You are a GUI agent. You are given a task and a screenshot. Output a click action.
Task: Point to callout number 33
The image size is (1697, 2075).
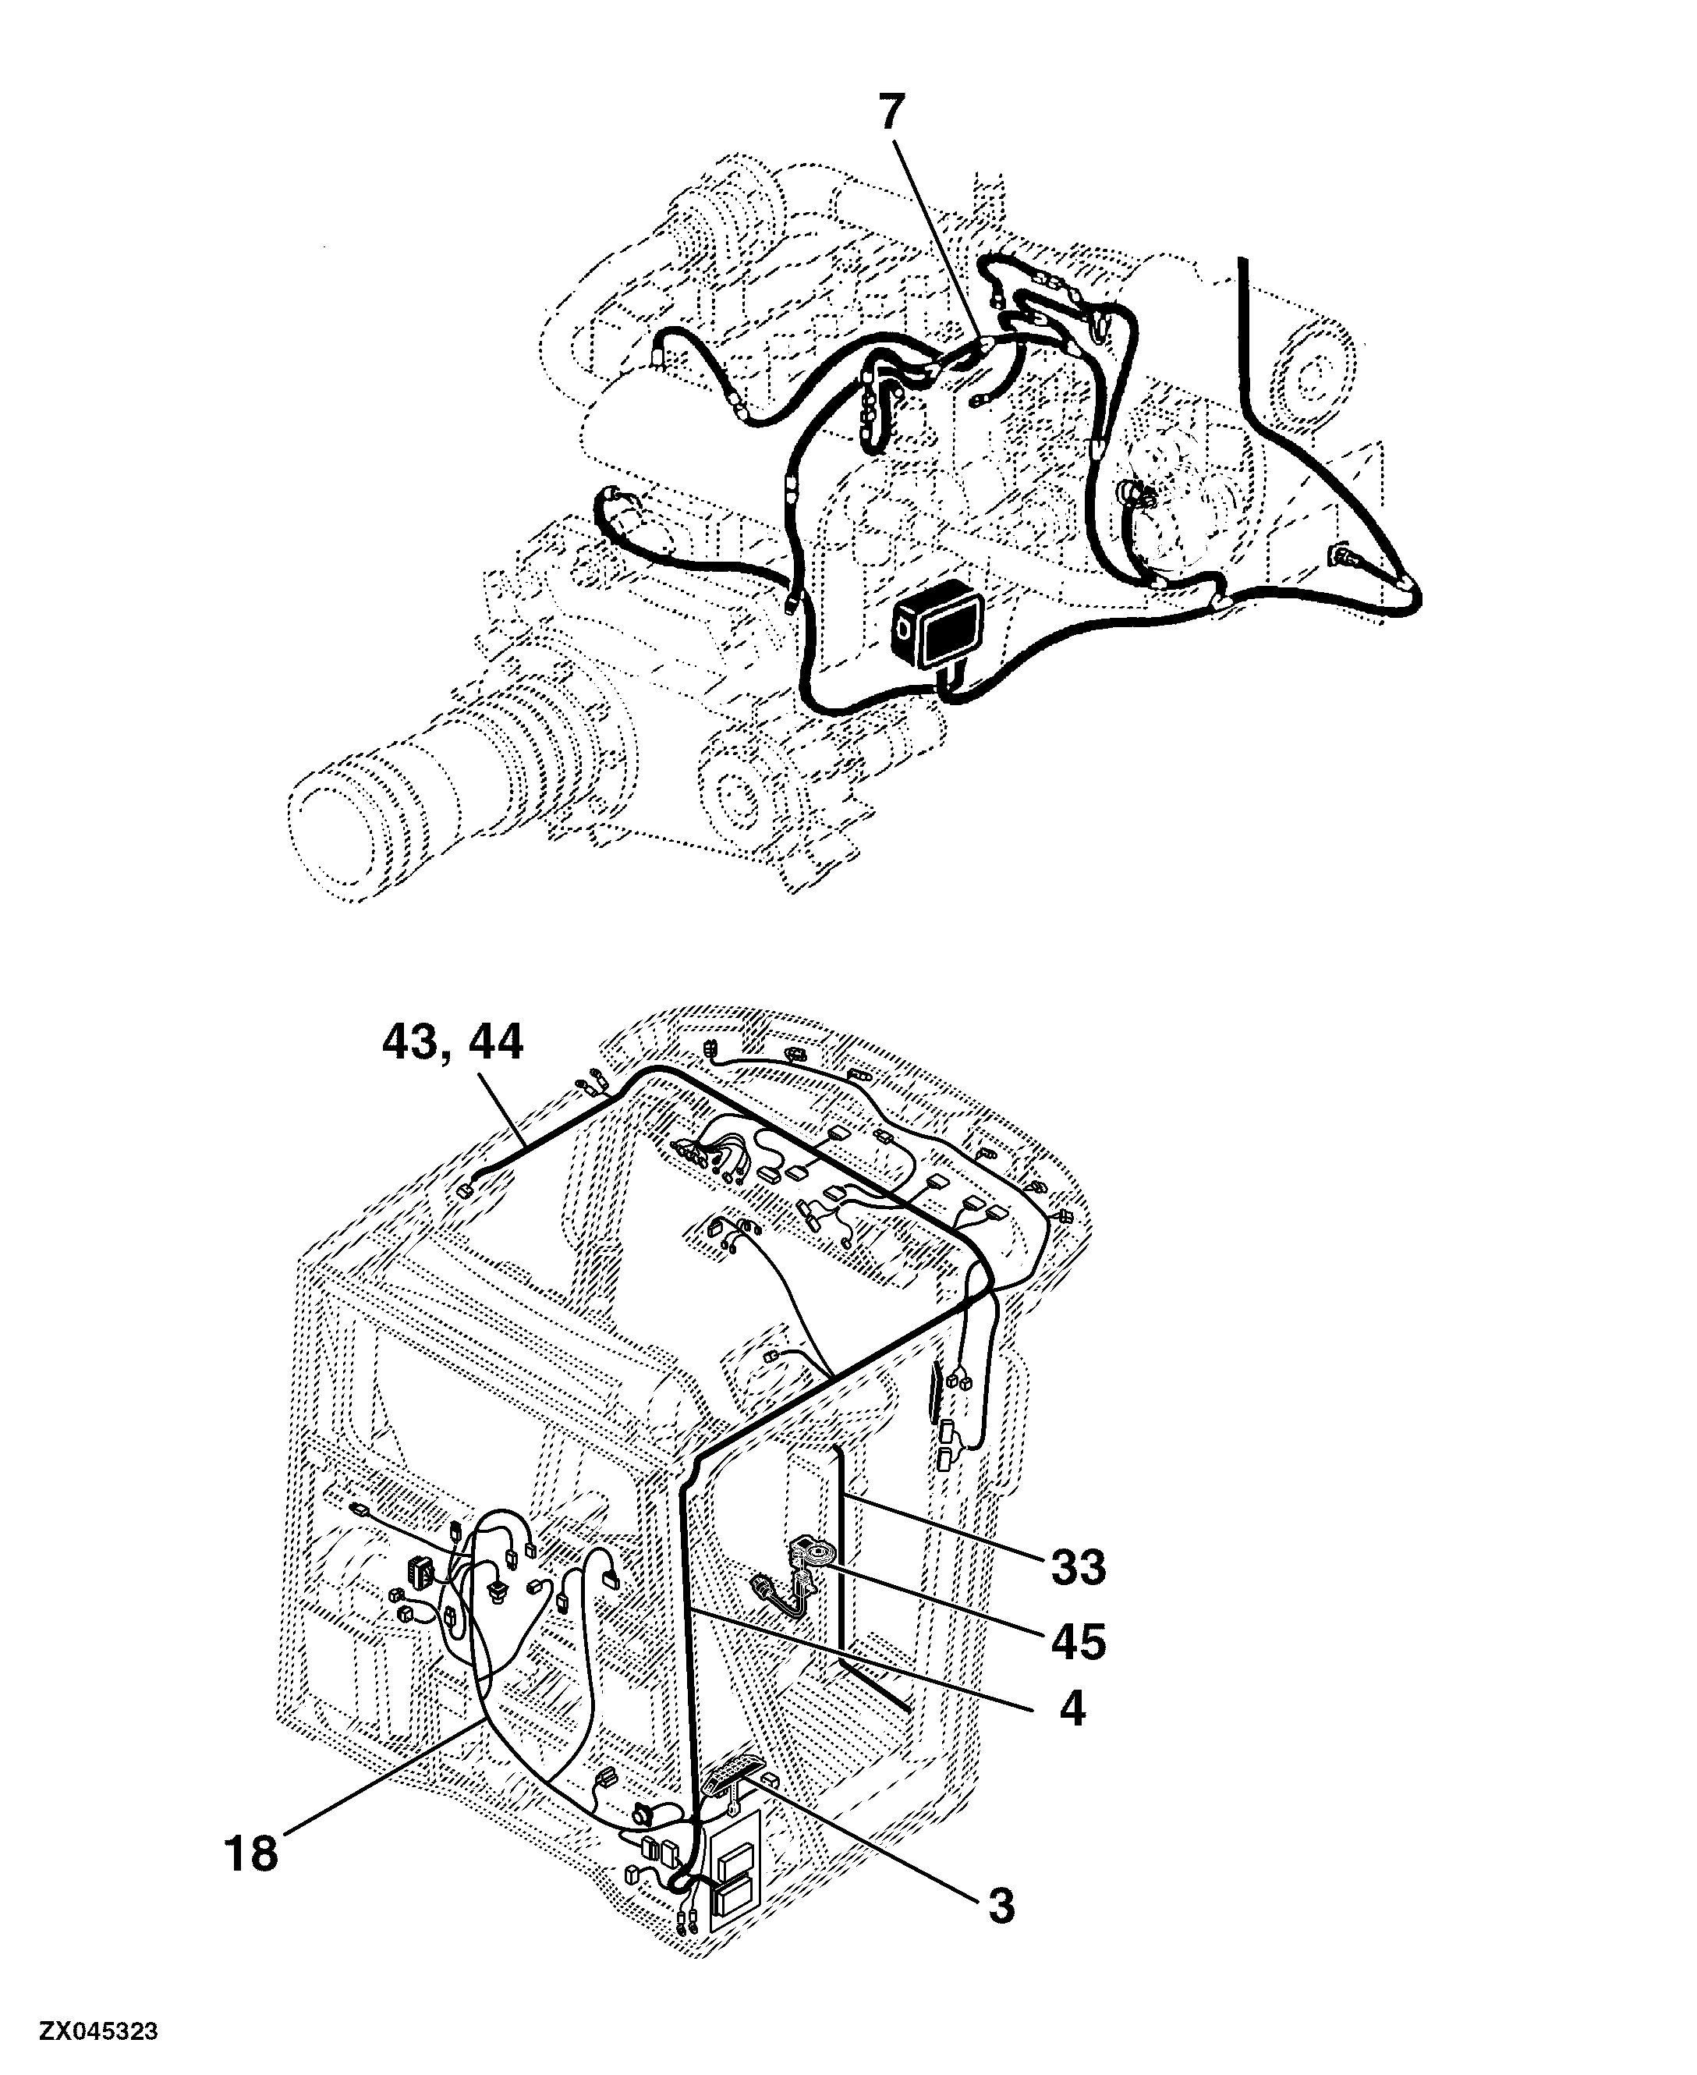pyautogui.click(x=1079, y=1567)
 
